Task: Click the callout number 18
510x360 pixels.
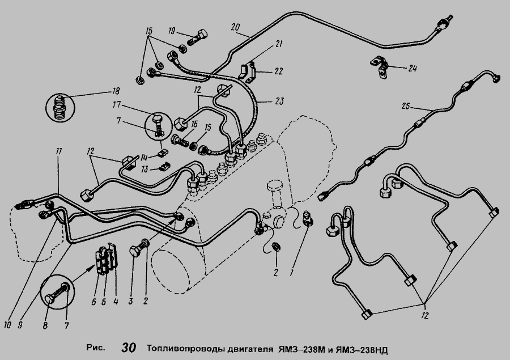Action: (x=116, y=91)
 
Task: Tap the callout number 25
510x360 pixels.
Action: (x=406, y=106)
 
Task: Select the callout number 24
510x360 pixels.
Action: (x=412, y=68)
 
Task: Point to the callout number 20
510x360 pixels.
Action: (x=235, y=27)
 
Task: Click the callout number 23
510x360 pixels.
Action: (x=279, y=101)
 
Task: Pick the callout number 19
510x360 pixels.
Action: (x=171, y=31)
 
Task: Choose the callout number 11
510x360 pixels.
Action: (x=58, y=151)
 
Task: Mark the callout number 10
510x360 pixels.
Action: (x=7, y=325)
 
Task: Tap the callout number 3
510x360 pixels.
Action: (x=130, y=301)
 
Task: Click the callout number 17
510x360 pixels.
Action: (x=116, y=105)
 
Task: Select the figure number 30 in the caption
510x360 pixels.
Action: (x=129, y=348)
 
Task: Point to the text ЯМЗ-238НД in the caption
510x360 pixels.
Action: (x=362, y=350)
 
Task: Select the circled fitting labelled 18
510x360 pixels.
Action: (x=59, y=107)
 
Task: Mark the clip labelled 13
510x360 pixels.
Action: (x=164, y=167)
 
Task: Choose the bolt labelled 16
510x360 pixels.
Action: (x=179, y=141)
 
